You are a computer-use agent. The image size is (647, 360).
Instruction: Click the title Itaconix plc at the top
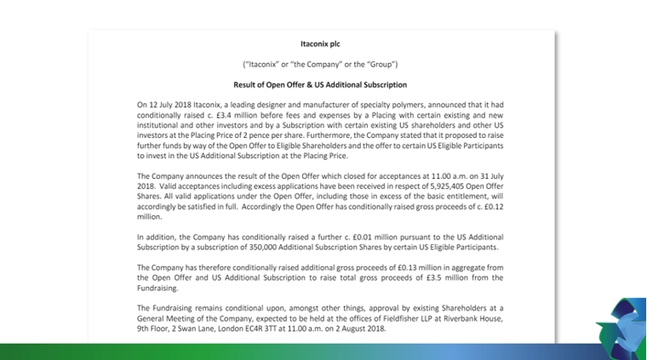coord(320,43)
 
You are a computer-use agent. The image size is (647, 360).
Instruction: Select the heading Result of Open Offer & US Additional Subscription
coord(320,85)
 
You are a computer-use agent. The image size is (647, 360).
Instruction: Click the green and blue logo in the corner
coord(624,328)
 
